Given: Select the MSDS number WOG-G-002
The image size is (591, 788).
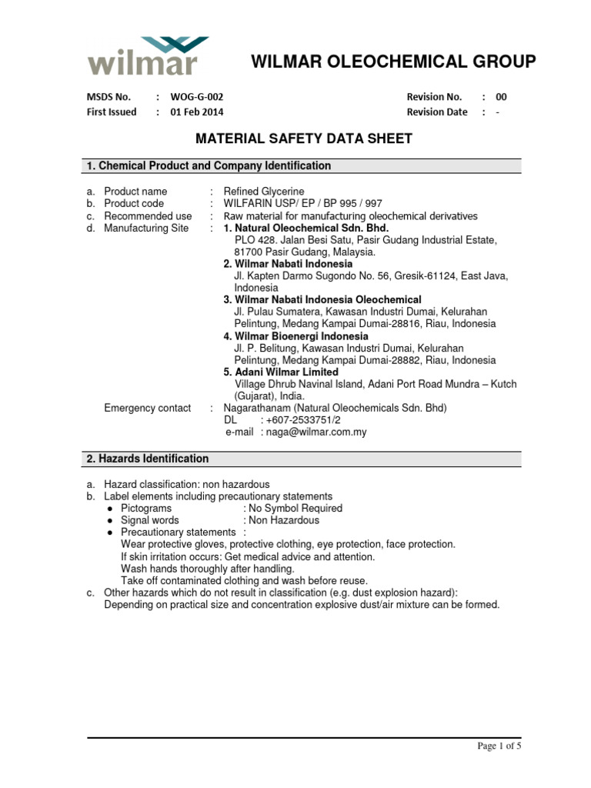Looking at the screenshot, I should [197, 97].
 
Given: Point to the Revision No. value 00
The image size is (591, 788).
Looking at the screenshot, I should [501, 97].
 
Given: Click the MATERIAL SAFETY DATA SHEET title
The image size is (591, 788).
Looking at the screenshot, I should [303, 139].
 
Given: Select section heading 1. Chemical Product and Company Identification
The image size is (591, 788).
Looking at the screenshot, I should [209, 165].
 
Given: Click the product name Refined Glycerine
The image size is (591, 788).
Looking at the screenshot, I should [264, 191].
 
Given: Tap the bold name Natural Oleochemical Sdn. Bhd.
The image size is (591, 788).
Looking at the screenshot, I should [306, 229].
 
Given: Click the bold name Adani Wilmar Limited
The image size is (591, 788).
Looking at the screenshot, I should [281, 372].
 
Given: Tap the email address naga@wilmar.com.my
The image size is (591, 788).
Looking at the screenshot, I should [314, 432].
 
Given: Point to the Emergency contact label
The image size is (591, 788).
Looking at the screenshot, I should [147, 408].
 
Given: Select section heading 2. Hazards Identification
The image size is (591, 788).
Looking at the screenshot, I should [147, 459].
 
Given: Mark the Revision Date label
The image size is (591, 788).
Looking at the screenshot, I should [436, 112].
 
